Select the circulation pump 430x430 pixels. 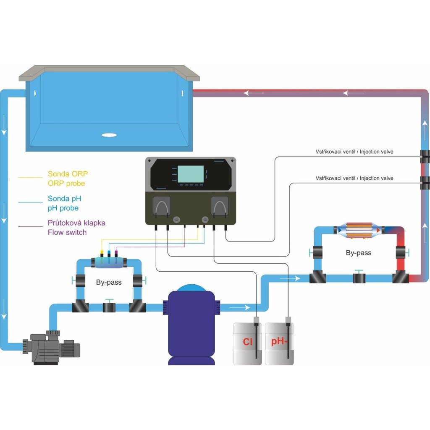click(52, 347)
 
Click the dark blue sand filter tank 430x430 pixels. click(191, 325)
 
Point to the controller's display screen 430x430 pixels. click(191, 174)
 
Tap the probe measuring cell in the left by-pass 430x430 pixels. click(109, 262)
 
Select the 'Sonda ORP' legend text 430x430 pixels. click(68, 174)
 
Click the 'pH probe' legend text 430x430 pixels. click(63, 208)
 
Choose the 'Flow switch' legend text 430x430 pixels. click(67, 232)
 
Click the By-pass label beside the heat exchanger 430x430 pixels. click(359, 253)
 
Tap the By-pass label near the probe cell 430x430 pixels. click(109, 282)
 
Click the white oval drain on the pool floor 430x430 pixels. click(109, 135)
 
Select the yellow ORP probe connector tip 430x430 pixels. click(102, 252)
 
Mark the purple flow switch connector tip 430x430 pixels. click(116, 252)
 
